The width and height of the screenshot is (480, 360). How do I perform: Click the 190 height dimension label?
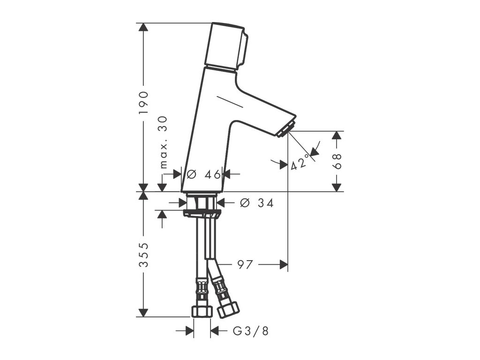coord(143,103)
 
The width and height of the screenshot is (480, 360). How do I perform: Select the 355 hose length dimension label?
coord(143,255)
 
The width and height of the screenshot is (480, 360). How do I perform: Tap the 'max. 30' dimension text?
coord(164,142)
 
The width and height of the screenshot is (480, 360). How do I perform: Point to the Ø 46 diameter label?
coord(203,174)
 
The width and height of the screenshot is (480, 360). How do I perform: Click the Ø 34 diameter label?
coord(257,202)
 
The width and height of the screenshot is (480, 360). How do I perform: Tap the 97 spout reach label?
coord(246,264)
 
